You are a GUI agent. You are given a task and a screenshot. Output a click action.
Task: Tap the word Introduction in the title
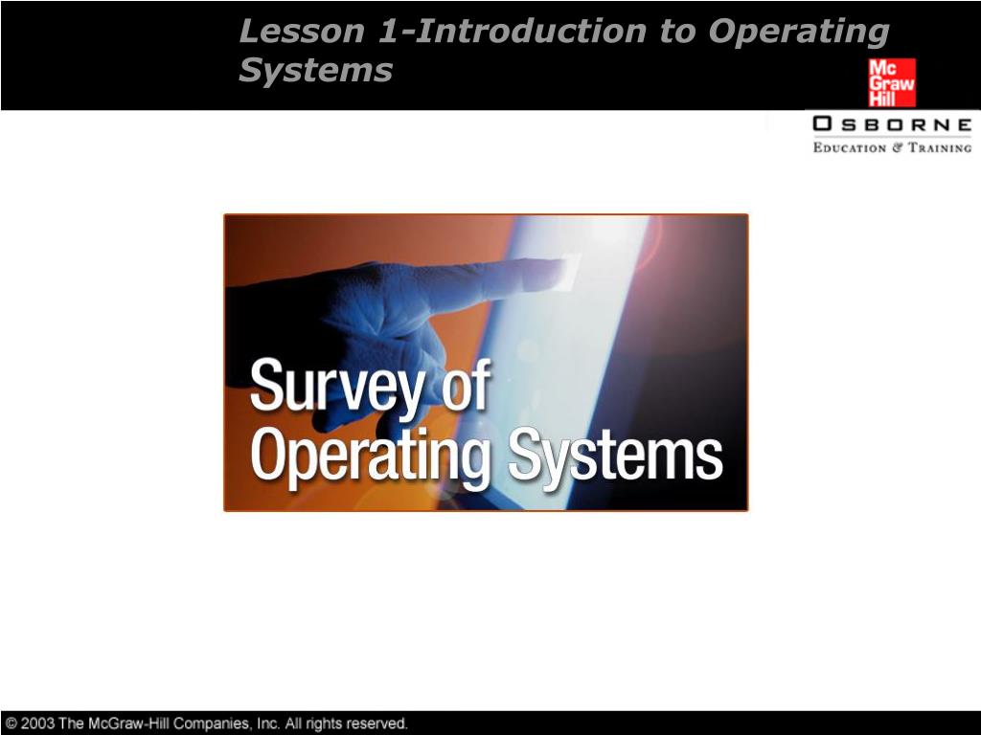point(532,32)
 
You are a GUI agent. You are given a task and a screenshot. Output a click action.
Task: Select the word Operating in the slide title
point(799,32)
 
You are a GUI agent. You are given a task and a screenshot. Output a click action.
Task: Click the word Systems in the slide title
point(316,70)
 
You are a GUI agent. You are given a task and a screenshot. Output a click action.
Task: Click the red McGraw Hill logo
point(892,82)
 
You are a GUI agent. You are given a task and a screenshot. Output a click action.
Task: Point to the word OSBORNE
point(892,124)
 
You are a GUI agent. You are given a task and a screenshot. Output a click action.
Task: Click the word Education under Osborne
point(849,147)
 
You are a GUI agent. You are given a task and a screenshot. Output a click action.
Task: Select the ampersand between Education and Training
point(899,147)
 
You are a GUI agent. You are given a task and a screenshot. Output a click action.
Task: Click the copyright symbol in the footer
point(11,724)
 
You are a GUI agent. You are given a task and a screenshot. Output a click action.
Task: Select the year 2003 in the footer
point(37,724)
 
